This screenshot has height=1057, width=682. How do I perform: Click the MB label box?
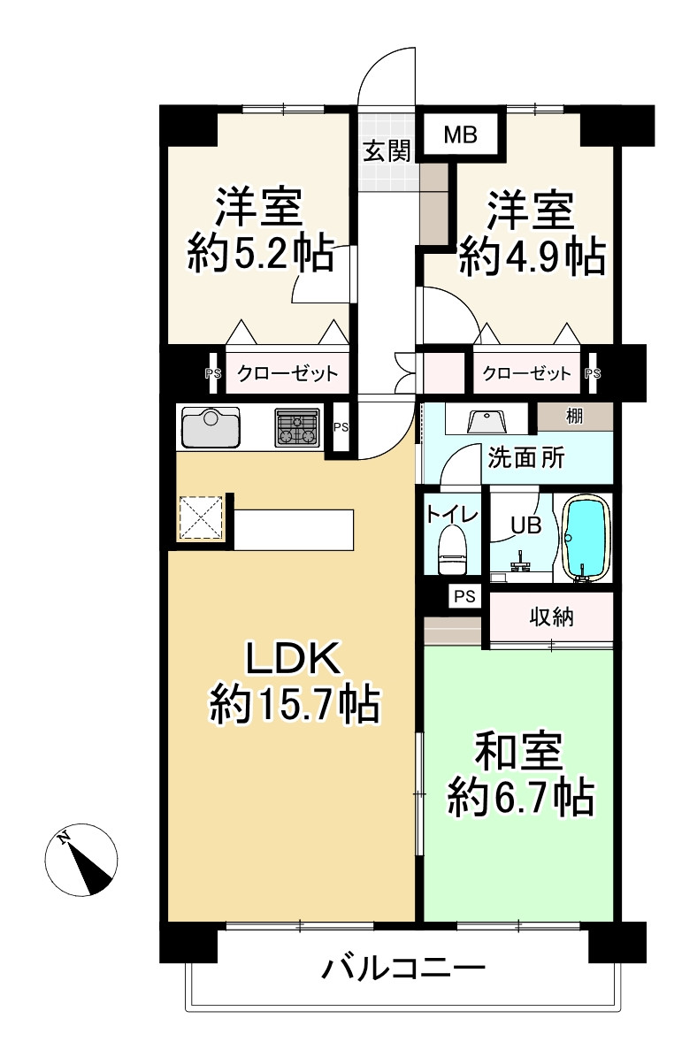pos(460,135)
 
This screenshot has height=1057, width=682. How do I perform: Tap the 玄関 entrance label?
pos(387,151)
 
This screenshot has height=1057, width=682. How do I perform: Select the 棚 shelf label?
pos(575,416)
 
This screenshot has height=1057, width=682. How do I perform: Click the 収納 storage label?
pos(551,617)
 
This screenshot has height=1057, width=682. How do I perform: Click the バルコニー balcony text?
pos(403,969)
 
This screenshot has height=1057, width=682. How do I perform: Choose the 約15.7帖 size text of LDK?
pos(295,705)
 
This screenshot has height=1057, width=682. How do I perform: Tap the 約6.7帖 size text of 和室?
pos(519,799)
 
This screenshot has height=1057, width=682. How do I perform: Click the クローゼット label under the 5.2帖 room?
pos(287,374)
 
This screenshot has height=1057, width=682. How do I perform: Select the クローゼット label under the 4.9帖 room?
pos(527,374)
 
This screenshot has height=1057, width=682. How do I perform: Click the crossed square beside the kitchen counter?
pos(202,517)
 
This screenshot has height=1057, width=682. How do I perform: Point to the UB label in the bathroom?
pos(525,525)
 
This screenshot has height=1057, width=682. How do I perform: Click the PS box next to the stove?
pos(341,428)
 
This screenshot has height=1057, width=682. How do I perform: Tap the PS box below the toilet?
pos(464,596)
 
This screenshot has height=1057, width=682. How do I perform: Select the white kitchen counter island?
pos(295,529)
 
